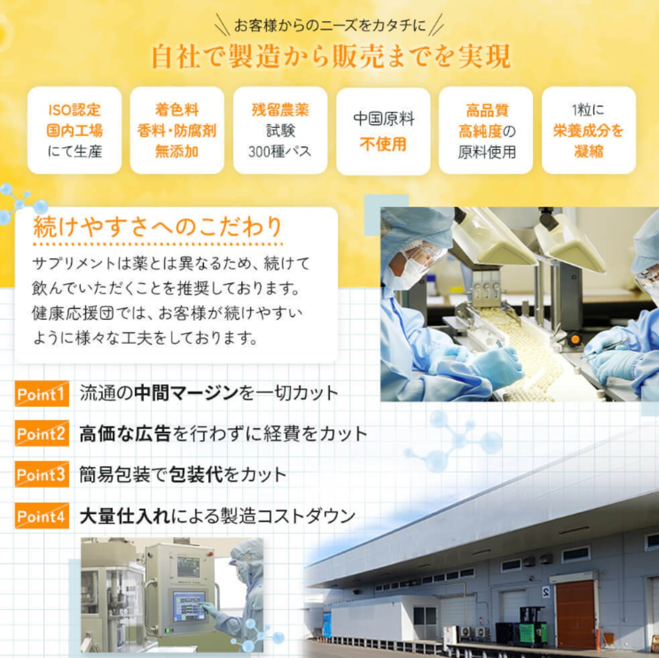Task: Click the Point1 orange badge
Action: click(x=42, y=394)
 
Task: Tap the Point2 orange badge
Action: click(x=42, y=433)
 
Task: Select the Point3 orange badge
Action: click(x=42, y=474)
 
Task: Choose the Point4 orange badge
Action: click(x=42, y=516)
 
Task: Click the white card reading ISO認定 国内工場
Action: click(x=75, y=130)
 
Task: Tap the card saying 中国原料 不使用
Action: click(x=383, y=131)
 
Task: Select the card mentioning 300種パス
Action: click(x=280, y=130)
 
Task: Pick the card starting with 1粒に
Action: click(x=588, y=130)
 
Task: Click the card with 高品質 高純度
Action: click(x=485, y=130)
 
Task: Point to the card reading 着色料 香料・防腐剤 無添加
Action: click(x=177, y=130)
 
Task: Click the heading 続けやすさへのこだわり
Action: click(x=158, y=227)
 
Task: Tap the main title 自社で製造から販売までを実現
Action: click(x=331, y=56)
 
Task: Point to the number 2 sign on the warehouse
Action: click(x=546, y=591)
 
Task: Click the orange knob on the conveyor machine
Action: click(x=575, y=339)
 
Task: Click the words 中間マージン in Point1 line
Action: click(x=186, y=393)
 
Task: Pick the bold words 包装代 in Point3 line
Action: click(x=196, y=475)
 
